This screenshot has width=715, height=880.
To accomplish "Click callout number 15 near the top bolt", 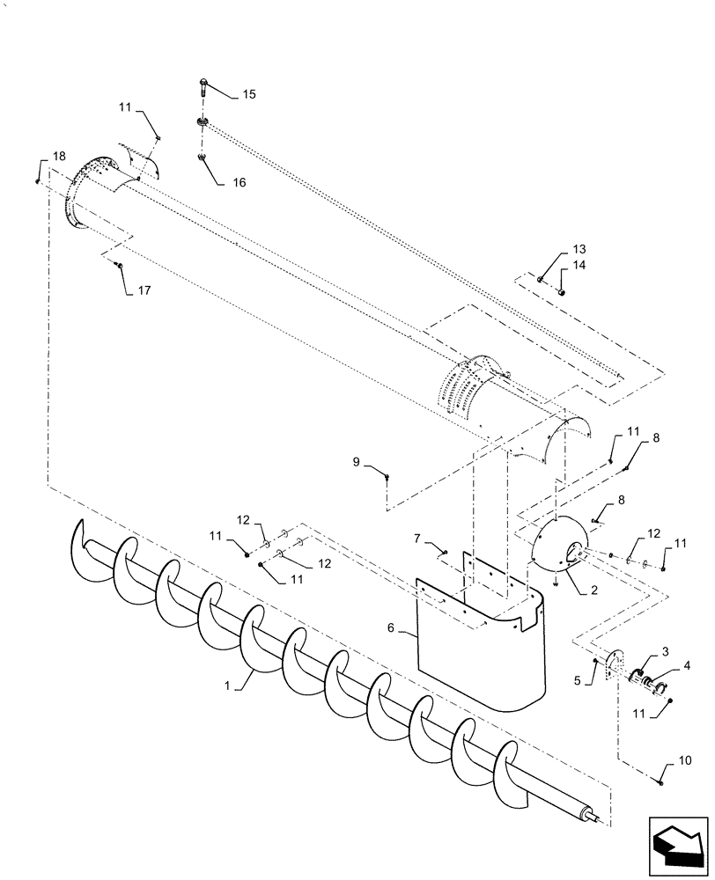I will pos(249,94).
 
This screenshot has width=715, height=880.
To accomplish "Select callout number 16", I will pos(239,183).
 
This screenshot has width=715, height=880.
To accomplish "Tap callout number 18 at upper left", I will pos(58,156).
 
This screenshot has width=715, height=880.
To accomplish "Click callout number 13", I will pos(579,249).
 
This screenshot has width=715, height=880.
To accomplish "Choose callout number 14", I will pos(579,264).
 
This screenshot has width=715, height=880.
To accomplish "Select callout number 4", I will pos(687,666).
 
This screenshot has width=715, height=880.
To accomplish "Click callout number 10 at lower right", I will pos(685,759).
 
